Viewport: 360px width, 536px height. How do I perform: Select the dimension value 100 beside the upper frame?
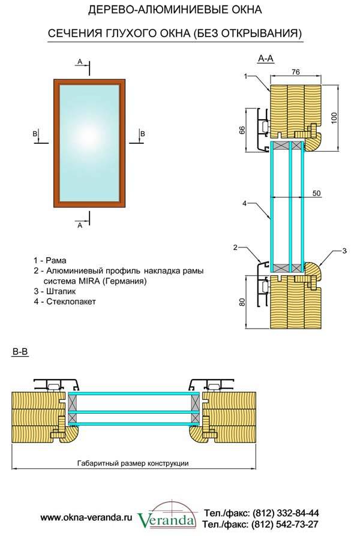(x=335, y=116)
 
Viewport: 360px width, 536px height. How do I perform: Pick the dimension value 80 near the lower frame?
(x=242, y=302)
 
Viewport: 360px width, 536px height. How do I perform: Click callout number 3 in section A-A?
(x=344, y=250)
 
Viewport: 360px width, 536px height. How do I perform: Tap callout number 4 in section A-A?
(x=245, y=204)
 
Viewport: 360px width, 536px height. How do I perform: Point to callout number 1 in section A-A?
(x=247, y=76)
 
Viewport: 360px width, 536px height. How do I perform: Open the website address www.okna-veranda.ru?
(x=86, y=516)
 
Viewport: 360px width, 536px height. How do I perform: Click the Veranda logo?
(x=166, y=517)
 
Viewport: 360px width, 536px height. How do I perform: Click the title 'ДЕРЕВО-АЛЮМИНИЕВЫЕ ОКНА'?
(x=175, y=10)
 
